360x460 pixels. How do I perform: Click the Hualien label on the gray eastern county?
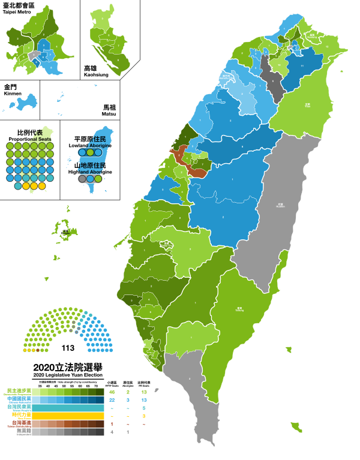point(280,205)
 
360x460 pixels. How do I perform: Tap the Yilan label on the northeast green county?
point(307,105)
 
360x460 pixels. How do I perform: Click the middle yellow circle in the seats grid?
point(34,186)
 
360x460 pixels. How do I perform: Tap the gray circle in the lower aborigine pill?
point(82,179)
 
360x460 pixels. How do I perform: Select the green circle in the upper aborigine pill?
point(98,152)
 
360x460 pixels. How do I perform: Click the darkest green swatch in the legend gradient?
point(100,392)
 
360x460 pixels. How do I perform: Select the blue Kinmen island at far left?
point(23,101)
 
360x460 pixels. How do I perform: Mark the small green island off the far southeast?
point(296,427)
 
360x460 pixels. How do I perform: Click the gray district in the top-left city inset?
point(34,55)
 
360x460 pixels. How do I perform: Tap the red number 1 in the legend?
point(112,424)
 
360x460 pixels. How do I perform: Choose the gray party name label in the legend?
point(23,431)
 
